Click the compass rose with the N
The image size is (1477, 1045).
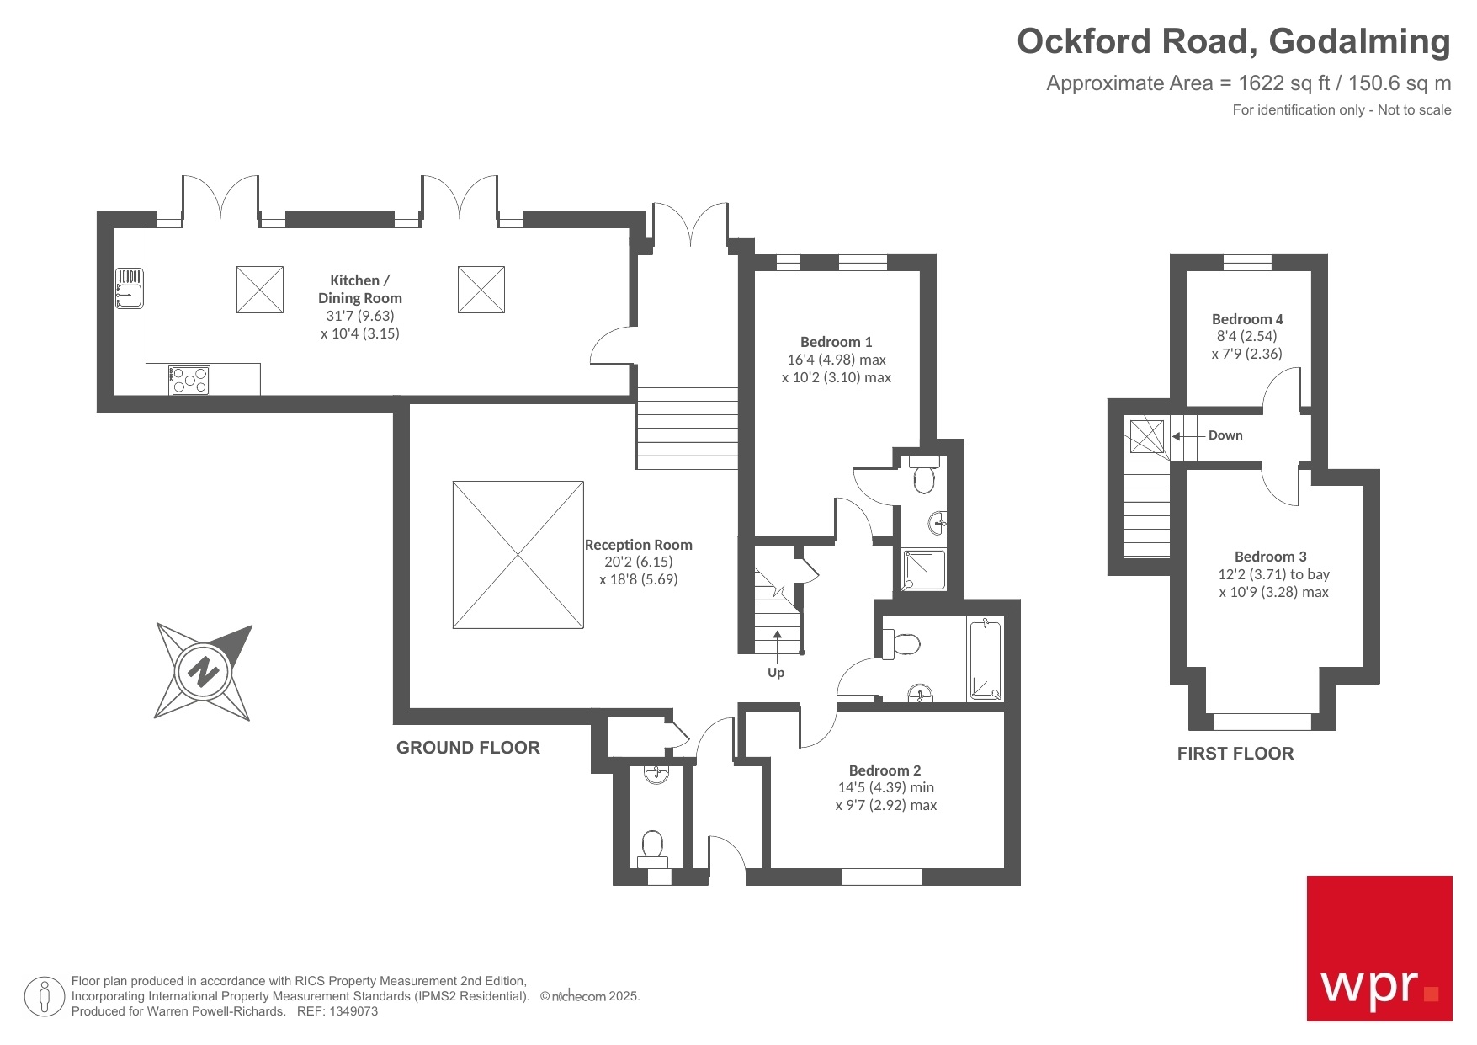(x=203, y=672)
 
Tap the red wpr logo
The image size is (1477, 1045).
(x=1379, y=948)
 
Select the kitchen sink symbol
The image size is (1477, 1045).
(x=129, y=288)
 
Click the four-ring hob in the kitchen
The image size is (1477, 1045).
(x=189, y=381)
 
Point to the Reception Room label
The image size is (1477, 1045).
(x=638, y=545)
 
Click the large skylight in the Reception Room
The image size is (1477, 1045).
(x=518, y=555)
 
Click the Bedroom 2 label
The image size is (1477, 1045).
(x=885, y=770)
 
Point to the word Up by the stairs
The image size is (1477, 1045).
(x=775, y=672)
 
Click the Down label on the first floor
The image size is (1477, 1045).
(x=1225, y=435)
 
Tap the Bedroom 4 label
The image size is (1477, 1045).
(x=1246, y=319)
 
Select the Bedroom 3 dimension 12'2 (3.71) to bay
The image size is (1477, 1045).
(x=1273, y=574)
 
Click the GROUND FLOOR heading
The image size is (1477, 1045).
(x=468, y=748)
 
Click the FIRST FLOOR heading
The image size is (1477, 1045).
(x=1235, y=754)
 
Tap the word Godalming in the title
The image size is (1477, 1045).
(x=1359, y=41)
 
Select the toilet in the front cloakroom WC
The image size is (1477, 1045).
(x=652, y=846)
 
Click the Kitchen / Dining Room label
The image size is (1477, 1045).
(x=359, y=289)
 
